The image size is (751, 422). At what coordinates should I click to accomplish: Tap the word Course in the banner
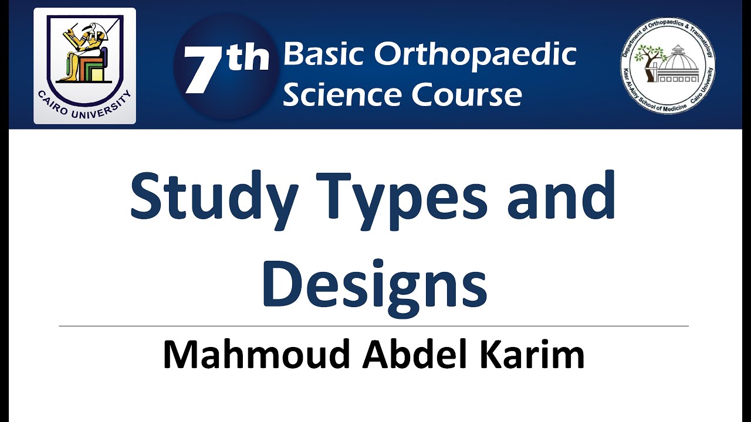coord(466,94)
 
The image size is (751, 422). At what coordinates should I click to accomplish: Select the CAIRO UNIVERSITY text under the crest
coord(84,105)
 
